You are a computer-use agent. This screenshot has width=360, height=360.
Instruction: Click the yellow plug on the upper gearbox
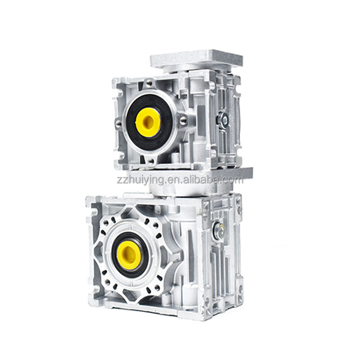coord(148,122)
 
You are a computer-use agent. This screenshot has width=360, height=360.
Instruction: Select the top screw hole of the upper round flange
coord(149,83)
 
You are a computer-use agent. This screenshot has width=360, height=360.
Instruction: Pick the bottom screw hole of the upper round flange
coord(150,161)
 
